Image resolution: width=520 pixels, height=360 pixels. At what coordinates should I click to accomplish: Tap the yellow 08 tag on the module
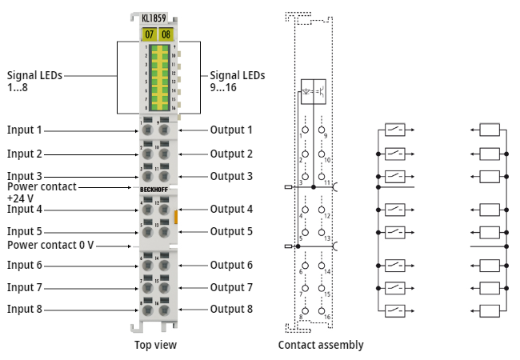(x=166, y=34)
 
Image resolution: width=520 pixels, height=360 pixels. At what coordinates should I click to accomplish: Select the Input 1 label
(x=25, y=130)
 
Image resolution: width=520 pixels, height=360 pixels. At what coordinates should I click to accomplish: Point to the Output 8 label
(x=231, y=309)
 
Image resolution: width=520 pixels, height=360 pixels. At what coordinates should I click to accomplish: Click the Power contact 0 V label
(x=50, y=245)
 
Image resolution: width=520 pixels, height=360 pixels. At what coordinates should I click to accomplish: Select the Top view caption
(x=155, y=345)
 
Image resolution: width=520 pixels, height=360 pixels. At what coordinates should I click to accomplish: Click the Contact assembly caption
(x=321, y=345)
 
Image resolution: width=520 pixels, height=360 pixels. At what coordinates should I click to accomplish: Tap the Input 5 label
(x=25, y=231)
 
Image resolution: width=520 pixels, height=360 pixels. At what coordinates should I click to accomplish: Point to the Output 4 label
(x=231, y=209)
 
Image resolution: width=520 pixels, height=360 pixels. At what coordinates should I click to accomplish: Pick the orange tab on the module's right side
(x=175, y=214)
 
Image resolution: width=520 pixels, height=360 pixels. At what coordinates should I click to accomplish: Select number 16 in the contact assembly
(x=328, y=317)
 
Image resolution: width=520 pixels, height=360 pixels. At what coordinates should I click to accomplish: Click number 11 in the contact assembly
(x=328, y=183)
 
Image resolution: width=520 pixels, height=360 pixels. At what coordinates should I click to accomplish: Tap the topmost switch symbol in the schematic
(x=395, y=130)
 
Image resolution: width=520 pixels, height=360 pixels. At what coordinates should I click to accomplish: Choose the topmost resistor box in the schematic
(x=490, y=130)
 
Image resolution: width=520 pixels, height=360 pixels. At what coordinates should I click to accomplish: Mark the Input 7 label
(x=25, y=287)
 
